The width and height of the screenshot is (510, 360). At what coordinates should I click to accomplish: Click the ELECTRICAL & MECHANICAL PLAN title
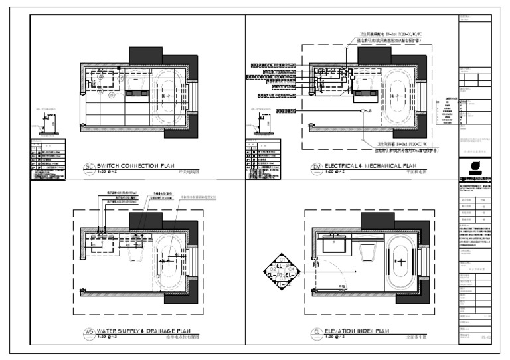tap(365, 166)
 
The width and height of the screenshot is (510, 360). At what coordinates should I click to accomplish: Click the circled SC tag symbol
tap(89, 167)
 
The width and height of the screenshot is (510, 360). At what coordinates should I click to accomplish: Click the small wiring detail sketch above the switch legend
tap(48, 124)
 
